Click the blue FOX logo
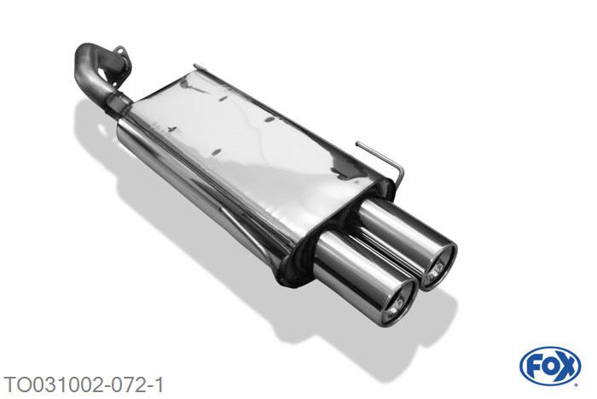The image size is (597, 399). coord(550,367)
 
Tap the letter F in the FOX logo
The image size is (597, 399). coord(533,367)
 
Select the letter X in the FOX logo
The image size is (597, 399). coord(566,367)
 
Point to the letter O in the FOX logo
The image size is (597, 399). coord(549,367)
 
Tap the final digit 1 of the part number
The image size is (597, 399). coord(158,384)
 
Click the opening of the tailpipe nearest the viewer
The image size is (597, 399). coord(399,304)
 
